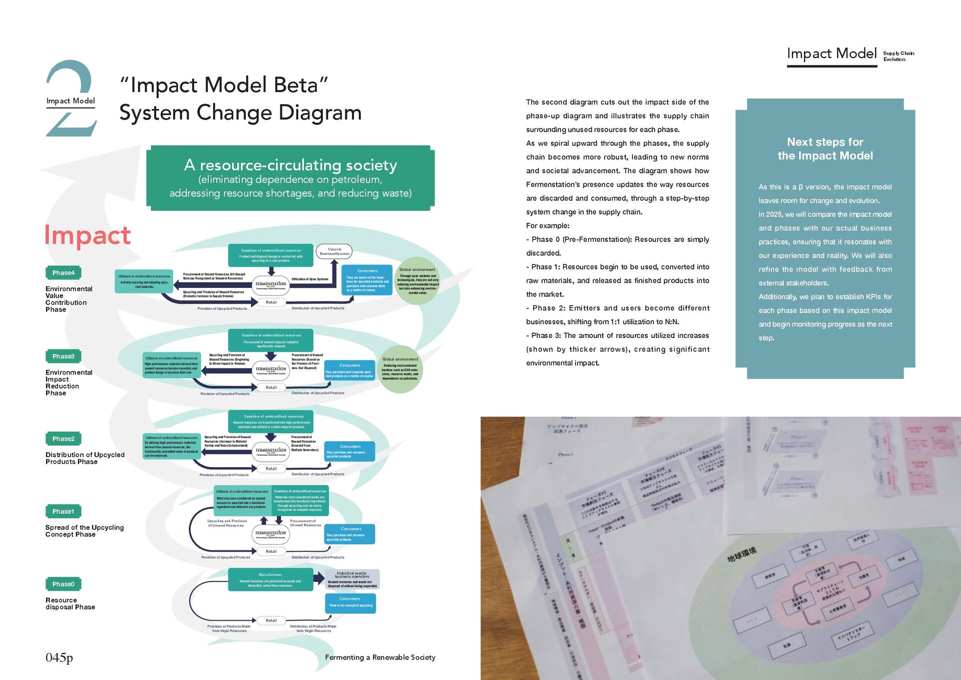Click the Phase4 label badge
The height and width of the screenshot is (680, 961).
tap(63, 273)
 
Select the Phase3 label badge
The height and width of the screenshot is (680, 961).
tap(63, 357)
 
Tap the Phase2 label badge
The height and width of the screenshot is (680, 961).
tap(63, 439)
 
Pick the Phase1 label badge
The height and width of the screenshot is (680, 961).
tap(63, 511)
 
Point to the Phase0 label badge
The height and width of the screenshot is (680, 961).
tap(63, 584)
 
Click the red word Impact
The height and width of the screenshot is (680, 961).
tap(88, 235)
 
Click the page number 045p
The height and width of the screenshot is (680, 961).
tap(59, 657)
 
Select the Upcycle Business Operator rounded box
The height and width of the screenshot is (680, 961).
tap(334, 251)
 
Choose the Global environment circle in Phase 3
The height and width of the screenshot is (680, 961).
tap(400, 369)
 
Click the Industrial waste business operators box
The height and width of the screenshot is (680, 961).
tap(352, 579)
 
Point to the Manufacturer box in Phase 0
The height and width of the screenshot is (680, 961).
tap(270, 579)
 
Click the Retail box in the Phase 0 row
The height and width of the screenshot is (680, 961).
tap(271, 620)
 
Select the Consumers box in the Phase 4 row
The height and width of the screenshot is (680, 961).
tap(367, 280)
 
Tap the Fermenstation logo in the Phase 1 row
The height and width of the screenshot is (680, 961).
tap(271, 534)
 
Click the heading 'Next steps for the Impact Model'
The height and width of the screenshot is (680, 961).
tap(825, 149)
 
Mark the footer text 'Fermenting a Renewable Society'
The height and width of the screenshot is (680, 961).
tap(380, 657)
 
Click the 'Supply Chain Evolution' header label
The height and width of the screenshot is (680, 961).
tap(898, 56)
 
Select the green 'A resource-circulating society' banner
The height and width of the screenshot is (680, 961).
tap(290, 178)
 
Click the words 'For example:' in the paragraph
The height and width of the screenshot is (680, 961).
tap(548, 226)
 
